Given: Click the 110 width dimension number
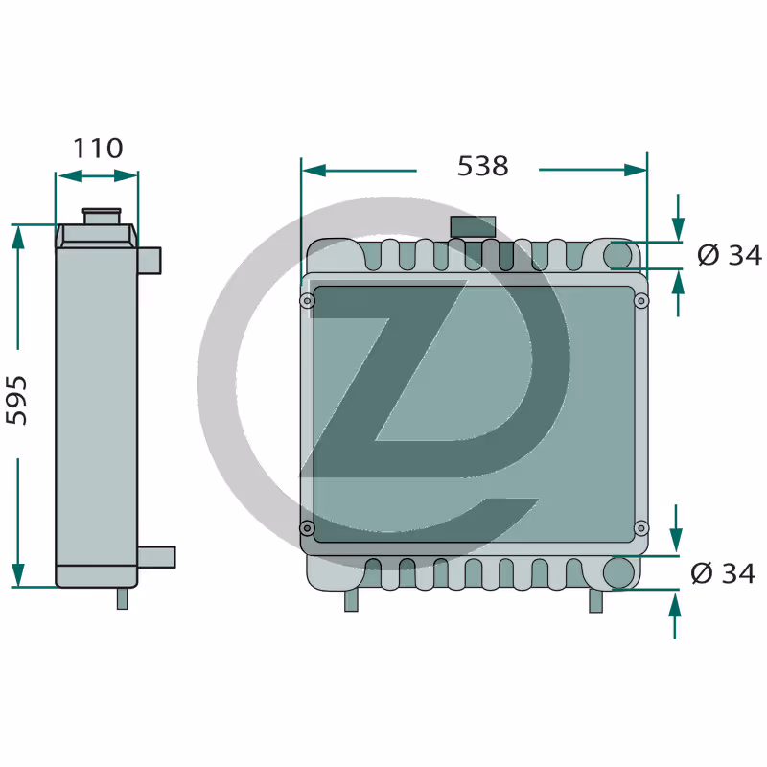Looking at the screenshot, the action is point(98,149).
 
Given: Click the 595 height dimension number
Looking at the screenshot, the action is point(16,400).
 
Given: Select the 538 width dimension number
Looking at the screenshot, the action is point(483,166).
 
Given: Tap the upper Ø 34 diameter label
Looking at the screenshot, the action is point(730,255).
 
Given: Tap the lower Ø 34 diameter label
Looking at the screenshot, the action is point(723,572).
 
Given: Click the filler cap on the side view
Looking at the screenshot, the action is point(102,217).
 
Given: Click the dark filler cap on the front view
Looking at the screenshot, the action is point(473,227).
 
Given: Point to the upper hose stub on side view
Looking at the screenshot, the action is point(150,261).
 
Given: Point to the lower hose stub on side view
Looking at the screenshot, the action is point(156,557).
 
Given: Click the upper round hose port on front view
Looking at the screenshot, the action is point(618,255).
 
